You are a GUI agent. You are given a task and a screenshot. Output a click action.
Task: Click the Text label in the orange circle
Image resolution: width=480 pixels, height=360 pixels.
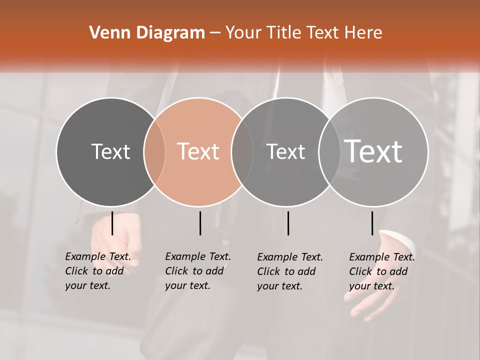(198, 151)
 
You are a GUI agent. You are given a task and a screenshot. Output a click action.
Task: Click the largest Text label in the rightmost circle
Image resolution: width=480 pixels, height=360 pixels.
(373, 151)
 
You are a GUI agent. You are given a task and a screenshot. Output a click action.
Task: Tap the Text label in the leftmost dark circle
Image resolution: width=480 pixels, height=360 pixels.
(110, 151)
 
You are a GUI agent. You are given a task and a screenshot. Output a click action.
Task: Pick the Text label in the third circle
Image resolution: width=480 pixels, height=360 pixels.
(285, 151)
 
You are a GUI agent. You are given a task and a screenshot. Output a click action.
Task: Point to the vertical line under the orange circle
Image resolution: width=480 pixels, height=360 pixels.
(200, 223)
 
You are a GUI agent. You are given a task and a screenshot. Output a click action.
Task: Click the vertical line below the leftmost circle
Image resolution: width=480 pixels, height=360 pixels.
(112, 223)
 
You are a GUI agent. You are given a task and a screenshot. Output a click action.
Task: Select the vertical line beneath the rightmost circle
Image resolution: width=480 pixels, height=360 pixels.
(372, 223)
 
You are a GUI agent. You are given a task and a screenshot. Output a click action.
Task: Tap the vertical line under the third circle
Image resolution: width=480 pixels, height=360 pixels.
(288, 223)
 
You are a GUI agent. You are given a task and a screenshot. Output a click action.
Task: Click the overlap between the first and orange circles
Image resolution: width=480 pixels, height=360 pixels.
(154, 152)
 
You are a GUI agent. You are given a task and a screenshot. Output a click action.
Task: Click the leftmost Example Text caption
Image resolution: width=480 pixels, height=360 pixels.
(97, 271)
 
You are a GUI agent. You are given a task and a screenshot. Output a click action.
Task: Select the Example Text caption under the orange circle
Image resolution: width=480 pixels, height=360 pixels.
(197, 271)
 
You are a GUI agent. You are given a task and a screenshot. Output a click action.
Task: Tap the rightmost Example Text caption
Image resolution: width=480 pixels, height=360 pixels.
(381, 271)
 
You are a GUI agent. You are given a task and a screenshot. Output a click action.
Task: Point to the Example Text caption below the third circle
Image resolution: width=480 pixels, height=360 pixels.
(289, 271)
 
